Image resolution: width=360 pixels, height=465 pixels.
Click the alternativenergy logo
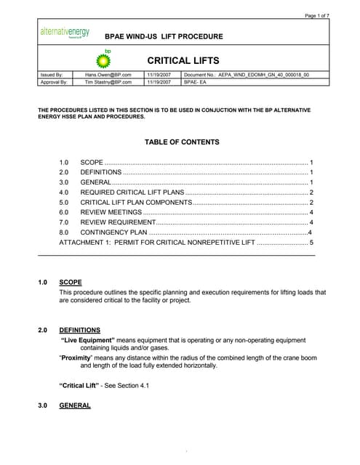pos(65,33)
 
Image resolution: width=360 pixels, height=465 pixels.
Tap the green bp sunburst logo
pos(103,60)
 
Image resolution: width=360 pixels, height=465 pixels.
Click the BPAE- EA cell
pos(196,83)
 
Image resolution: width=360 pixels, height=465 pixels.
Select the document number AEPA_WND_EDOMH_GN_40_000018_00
pos(247,75)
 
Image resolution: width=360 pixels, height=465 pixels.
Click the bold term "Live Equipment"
pos(88,340)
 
